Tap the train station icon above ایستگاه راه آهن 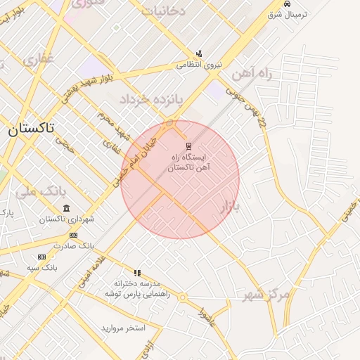click(188, 146)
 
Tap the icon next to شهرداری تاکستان click(66, 208)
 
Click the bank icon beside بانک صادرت click(73, 235)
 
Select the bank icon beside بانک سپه click(41, 257)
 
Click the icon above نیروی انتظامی click(199, 53)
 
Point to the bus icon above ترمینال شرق click(285, 4)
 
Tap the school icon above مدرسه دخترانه click(138, 273)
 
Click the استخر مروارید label click(122, 328)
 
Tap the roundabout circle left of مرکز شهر click(182, 297)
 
